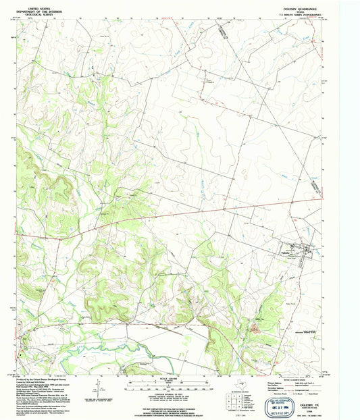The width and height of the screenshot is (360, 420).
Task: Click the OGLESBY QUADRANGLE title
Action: tap(297, 8)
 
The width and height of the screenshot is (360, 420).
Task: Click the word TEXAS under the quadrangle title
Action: tap(297, 11)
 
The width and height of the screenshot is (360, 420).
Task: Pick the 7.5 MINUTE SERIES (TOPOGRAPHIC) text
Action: tap(297, 15)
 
